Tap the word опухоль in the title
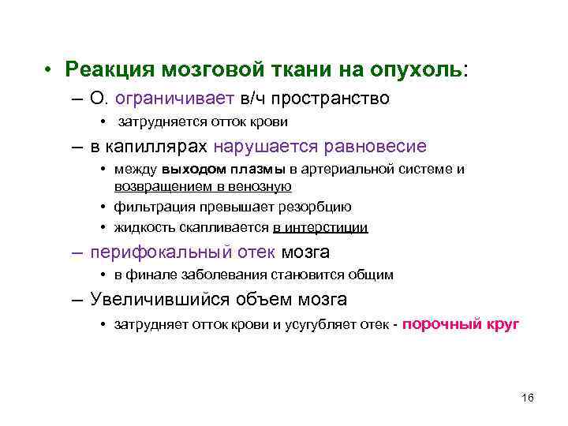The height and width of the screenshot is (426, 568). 425,70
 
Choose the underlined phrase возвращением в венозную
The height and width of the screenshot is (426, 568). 203,186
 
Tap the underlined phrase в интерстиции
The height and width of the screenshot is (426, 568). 320,227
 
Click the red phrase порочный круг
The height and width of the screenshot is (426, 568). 461,323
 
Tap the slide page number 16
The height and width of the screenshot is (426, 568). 528,397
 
